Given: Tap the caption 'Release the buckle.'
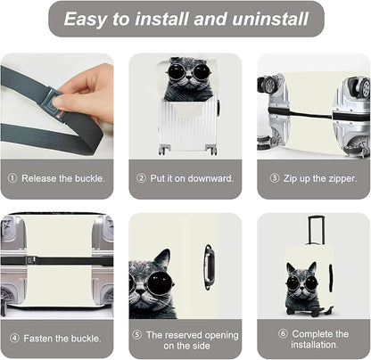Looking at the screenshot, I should coord(62,178).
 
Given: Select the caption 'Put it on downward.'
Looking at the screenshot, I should coord(191,178).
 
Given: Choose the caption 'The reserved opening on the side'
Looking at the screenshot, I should coord(192,340).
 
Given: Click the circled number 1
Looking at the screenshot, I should coord(12,178).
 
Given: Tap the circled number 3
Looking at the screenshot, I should coord(275,178).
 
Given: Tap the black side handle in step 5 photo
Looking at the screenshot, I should coord(208,266).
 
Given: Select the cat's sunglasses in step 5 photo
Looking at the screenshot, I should coord(146,285).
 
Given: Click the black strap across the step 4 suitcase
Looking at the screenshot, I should coord(57,261).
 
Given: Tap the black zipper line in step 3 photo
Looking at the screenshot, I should coord(312,117).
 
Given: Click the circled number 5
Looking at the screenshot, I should coord(136,334).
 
